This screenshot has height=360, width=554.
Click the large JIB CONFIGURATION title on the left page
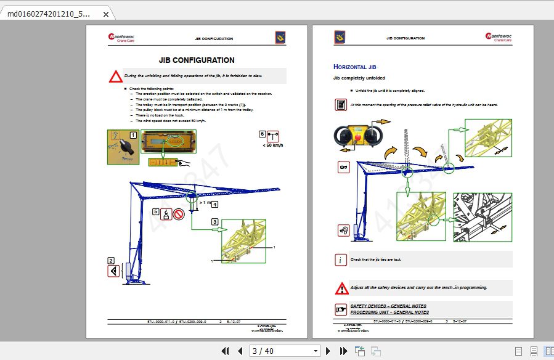(x=196, y=60)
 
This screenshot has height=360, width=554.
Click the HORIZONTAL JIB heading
(x=354, y=67)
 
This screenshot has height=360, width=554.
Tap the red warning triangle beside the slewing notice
(x=116, y=77)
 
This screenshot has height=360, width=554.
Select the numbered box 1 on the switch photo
(x=133, y=134)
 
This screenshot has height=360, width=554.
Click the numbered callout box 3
(x=214, y=221)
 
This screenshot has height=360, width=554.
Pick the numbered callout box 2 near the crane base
(x=111, y=260)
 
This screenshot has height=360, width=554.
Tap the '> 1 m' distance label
(x=205, y=202)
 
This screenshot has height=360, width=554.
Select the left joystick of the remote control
(x=341, y=135)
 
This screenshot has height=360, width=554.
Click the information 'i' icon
(x=341, y=260)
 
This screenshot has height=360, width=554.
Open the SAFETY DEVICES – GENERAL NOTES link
(x=388, y=306)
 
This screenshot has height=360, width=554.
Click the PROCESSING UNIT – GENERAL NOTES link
(x=388, y=313)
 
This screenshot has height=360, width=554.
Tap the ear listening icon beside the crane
(x=343, y=230)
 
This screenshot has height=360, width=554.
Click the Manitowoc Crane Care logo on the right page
(x=499, y=38)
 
